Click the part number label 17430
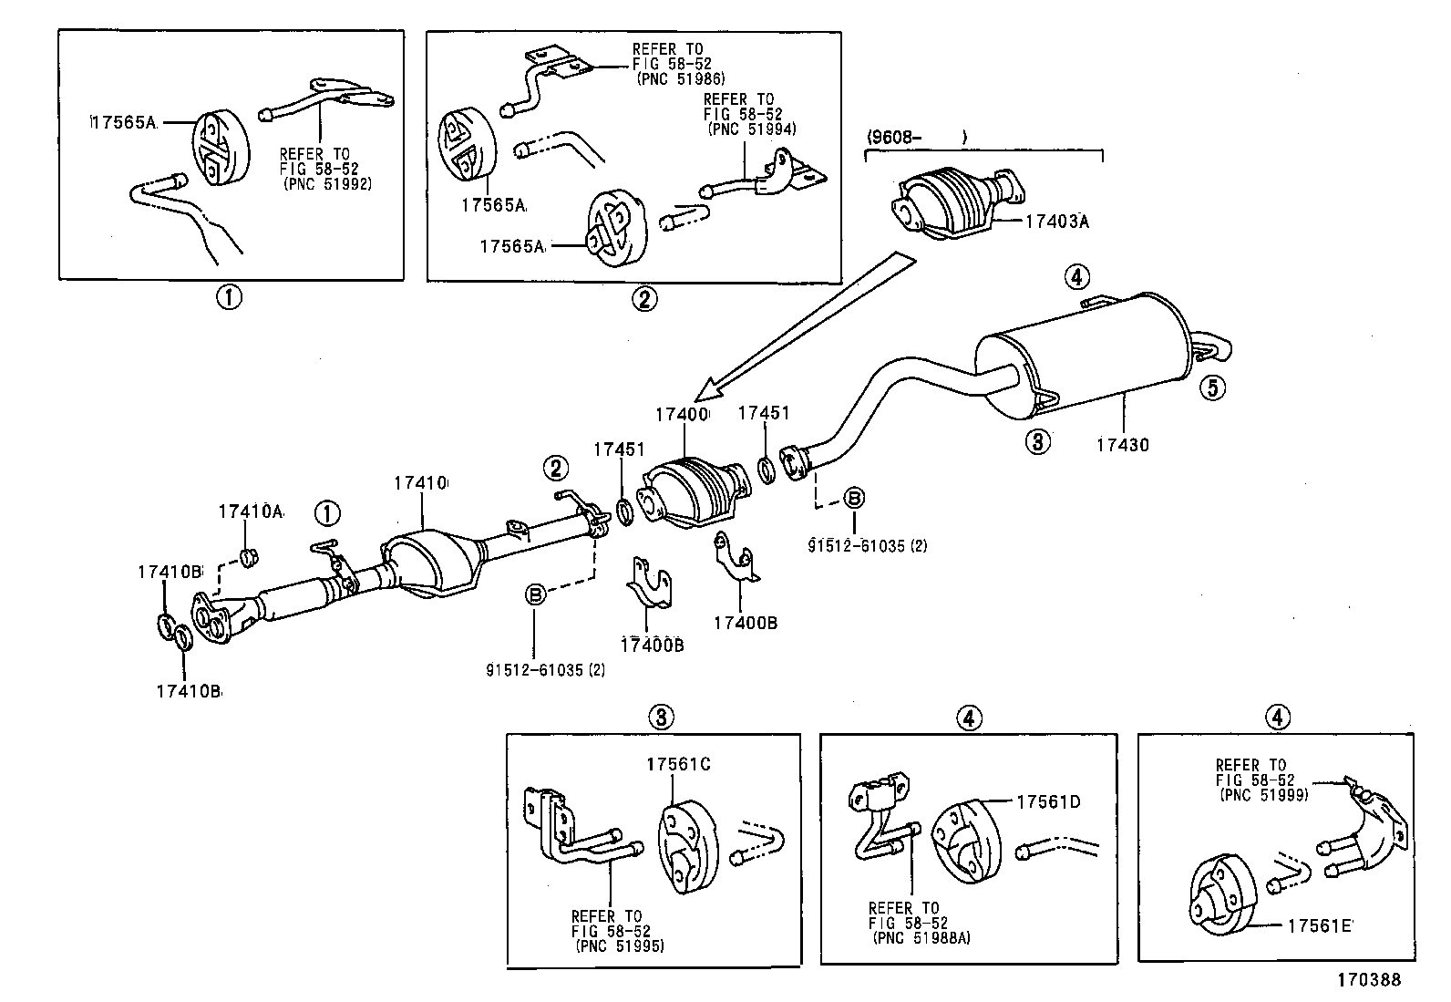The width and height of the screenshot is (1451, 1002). point(1122,445)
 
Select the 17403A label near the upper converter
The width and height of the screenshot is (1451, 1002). point(1057,220)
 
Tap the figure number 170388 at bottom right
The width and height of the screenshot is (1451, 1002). point(1368,980)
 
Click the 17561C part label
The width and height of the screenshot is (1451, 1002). point(678,764)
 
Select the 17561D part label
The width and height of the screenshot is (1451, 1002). point(1048,801)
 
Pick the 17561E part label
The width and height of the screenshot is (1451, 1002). point(1319,925)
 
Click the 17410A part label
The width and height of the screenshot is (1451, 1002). point(250,511)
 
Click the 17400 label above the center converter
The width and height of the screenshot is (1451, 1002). point(681,414)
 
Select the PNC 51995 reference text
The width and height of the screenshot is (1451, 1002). point(620,945)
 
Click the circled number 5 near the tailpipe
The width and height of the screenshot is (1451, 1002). point(1210,387)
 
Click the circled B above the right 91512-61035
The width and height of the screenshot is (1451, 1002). point(854,498)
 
